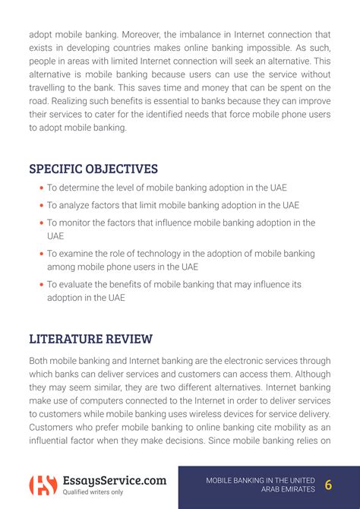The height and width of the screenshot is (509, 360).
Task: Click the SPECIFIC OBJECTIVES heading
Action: tap(93, 168)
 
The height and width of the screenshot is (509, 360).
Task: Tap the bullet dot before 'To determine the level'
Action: tap(41, 188)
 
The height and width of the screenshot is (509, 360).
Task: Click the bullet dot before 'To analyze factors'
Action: tap(41, 205)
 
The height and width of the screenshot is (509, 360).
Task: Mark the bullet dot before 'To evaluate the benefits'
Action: tap(41, 285)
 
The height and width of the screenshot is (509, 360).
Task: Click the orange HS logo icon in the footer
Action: tap(42, 485)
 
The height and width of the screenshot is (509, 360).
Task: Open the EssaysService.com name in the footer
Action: tap(114, 480)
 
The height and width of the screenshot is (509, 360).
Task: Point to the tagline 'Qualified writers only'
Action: tap(93, 492)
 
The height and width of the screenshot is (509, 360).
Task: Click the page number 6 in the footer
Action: tap(328, 485)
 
